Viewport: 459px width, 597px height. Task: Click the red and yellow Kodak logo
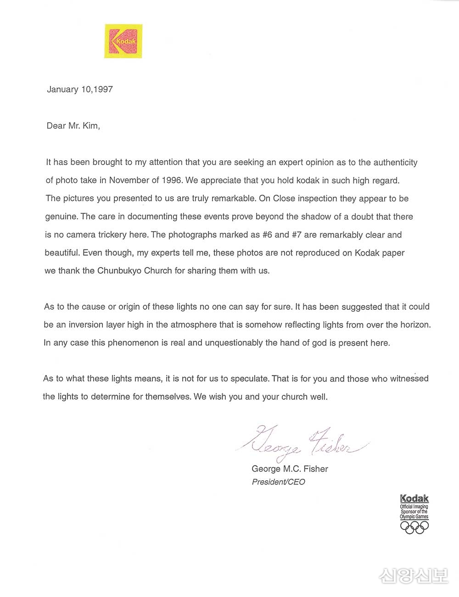point(123,41)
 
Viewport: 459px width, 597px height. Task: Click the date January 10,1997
point(80,89)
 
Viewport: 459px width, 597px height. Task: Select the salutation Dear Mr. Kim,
point(73,125)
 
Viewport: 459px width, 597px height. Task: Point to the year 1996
point(172,180)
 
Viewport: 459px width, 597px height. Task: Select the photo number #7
point(297,234)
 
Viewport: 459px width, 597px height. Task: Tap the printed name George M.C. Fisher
point(290,469)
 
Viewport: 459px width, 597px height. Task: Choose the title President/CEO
point(278,482)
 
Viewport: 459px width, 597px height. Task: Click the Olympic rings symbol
point(414,527)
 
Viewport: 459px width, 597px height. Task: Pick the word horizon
point(414,324)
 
